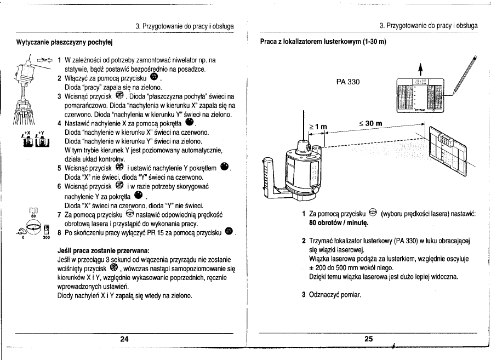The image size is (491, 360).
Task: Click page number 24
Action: click(x=124, y=339)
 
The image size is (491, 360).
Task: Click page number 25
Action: click(x=368, y=339)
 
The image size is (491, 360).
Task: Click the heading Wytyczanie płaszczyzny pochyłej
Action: click(x=63, y=41)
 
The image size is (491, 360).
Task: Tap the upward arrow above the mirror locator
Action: click(x=420, y=68)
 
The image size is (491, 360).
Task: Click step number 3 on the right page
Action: click(x=304, y=295)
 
